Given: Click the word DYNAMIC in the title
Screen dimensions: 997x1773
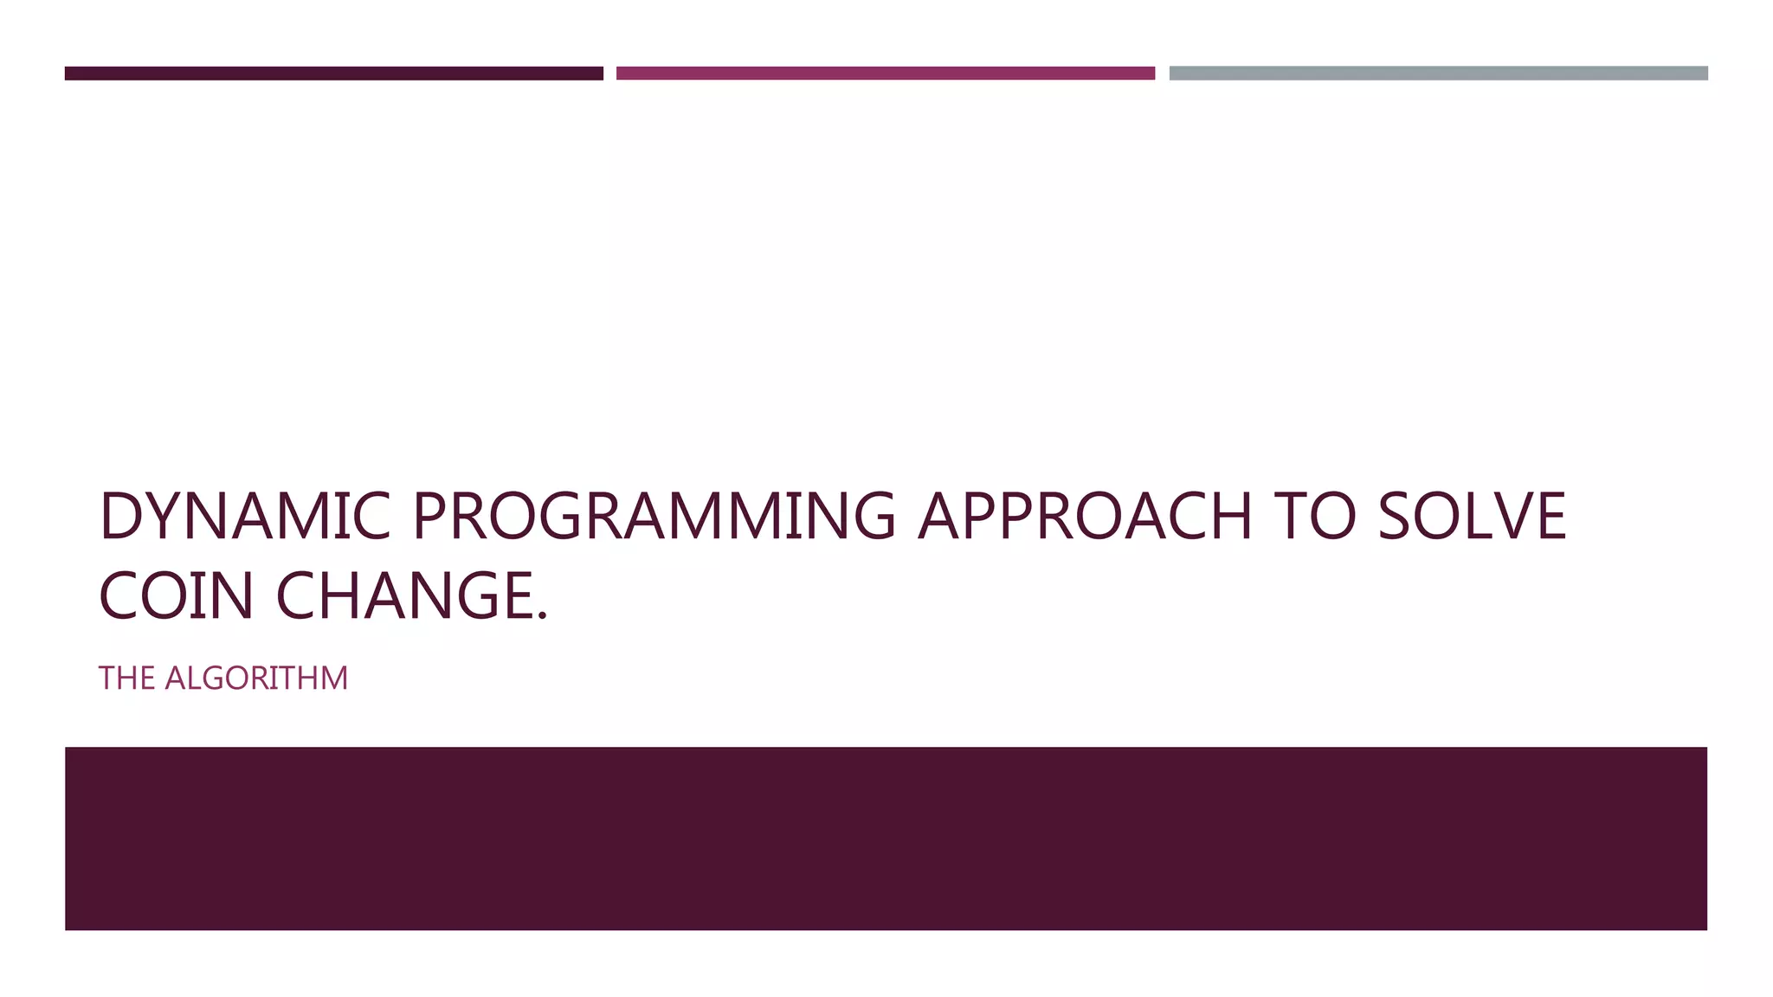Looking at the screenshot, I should (x=245, y=517).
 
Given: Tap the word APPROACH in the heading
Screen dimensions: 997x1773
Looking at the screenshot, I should (x=1084, y=517).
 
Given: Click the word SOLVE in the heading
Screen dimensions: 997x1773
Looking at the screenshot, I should (x=1472, y=517).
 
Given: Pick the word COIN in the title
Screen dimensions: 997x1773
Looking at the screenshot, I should (x=176, y=596).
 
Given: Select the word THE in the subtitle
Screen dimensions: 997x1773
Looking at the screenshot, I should (x=126, y=679).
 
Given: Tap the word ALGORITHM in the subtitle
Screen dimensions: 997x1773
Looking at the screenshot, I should (x=256, y=679).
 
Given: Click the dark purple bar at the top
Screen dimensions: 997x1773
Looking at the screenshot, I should (x=333, y=74).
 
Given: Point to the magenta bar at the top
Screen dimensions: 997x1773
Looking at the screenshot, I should (x=886, y=74).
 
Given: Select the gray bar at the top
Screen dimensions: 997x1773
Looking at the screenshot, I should (x=1438, y=74).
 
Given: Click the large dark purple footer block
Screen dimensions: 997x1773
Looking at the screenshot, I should (x=886, y=839).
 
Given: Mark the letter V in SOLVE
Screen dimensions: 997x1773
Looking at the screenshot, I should (x=1507, y=517).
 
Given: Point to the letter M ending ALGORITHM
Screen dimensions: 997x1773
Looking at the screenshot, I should (x=333, y=679).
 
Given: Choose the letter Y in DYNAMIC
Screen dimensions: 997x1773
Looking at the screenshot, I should (x=165, y=517).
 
